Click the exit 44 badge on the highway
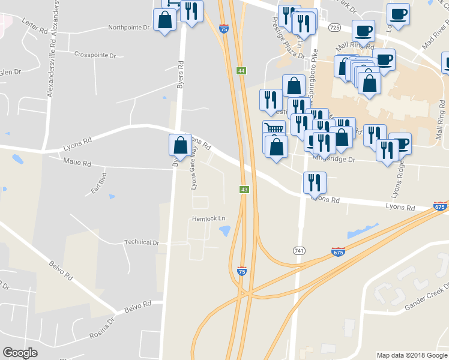tap(241, 71)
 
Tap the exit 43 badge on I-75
tap(244, 190)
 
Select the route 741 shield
tap(298, 250)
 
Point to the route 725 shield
tap(335, 28)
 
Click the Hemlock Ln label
tap(208, 219)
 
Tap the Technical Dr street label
tap(141, 242)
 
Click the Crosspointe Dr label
tap(95, 55)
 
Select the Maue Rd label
tap(77, 163)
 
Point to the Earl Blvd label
tap(98, 182)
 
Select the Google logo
tap(20, 353)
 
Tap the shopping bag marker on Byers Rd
tap(180, 145)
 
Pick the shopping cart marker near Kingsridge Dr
tap(274, 129)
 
